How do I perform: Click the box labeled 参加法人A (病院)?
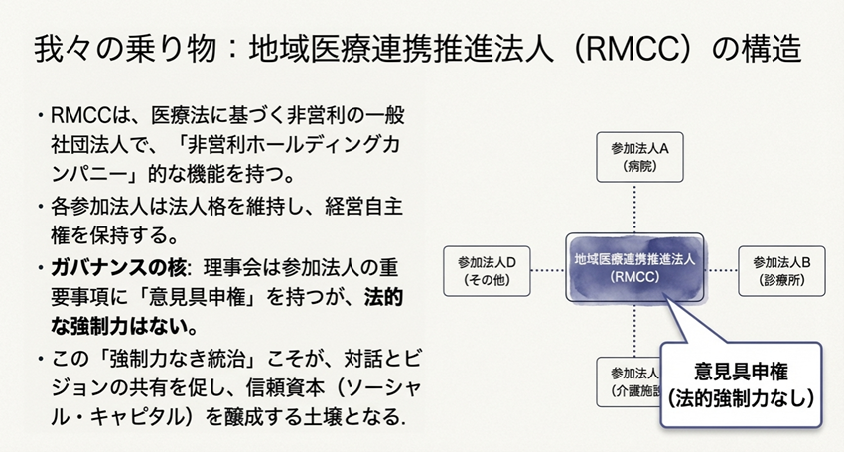635,157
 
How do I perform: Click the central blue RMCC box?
635,268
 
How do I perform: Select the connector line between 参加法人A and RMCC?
635,209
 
